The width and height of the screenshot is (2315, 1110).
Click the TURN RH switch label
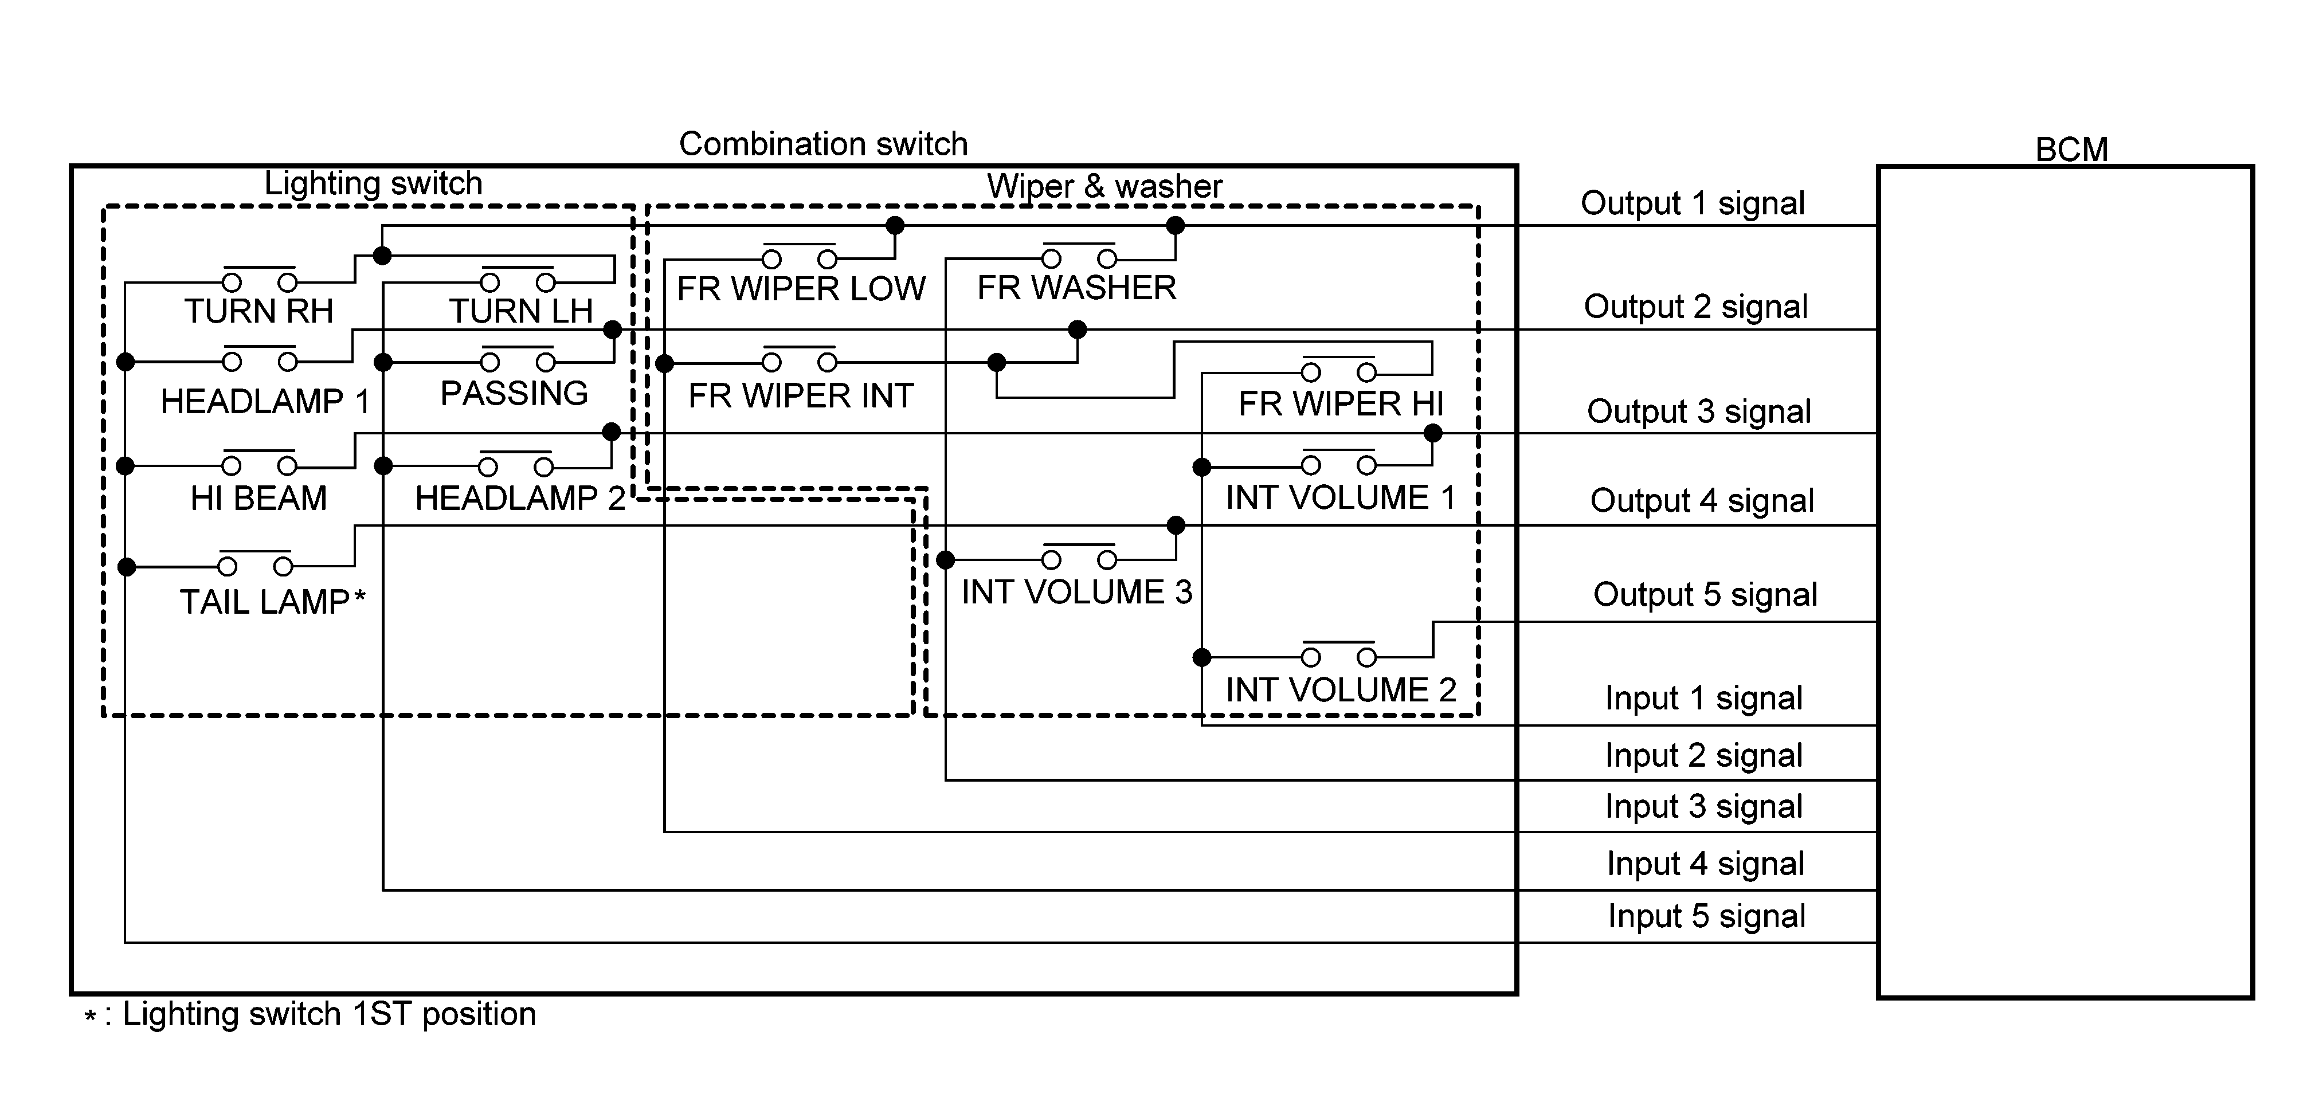[x=259, y=311]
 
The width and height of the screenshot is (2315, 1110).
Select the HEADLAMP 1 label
[x=265, y=401]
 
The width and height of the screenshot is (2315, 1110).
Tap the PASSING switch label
[x=514, y=393]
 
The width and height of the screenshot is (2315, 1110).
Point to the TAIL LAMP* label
[x=272, y=601]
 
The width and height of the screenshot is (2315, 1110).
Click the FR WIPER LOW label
[x=801, y=288]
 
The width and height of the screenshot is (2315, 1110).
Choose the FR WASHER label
[x=1076, y=288]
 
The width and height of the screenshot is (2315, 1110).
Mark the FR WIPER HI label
[x=1341, y=403]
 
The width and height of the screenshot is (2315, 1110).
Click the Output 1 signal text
[x=1692, y=203]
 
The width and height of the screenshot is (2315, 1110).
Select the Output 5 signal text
[x=1705, y=594]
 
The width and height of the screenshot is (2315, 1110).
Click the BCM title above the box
[x=2071, y=149]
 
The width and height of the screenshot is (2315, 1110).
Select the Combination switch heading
[x=823, y=144]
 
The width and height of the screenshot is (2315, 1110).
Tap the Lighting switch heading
[x=373, y=183]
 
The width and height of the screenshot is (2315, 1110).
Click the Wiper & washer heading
[x=1104, y=186]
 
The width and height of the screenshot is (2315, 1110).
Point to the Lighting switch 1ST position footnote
[x=310, y=1014]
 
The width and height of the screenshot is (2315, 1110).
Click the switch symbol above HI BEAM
[x=259, y=462]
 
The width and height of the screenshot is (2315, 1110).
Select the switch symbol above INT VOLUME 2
[x=1339, y=653]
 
